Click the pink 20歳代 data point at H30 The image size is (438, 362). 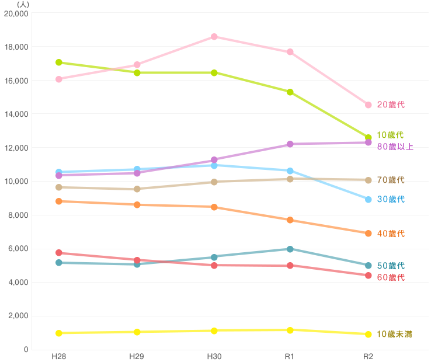(214, 37)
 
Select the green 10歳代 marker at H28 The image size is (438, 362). (58, 62)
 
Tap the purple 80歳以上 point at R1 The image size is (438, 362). (290, 144)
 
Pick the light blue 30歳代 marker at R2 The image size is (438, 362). (368, 200)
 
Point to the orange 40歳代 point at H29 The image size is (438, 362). (137, 205)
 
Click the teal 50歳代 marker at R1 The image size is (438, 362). (290, 249)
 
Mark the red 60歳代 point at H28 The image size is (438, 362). (58, 253)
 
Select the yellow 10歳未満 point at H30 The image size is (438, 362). (214, 330)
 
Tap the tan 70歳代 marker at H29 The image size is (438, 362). (137, 189)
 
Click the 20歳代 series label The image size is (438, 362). (391, 105)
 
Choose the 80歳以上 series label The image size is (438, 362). (395, 147)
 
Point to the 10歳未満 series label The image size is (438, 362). (394, 334)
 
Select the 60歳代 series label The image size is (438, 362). (391, 277)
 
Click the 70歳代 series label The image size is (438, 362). (391, 180)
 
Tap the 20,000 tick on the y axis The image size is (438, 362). (16, 13)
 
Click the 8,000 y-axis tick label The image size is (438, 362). (19, 215)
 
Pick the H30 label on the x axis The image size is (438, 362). (214, 356)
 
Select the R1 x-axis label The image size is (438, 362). (290, 356)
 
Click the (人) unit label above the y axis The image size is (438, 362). (23, 5)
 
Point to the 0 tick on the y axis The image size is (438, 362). (26, 349)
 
